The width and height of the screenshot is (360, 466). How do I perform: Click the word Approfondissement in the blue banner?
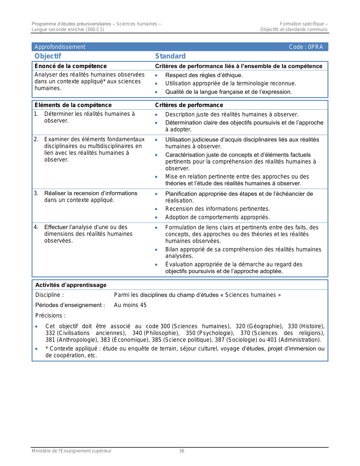[x=60, y=47]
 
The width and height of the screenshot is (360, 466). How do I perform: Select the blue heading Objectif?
[x=48, y=56]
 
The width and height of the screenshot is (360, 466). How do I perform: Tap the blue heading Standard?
[x=170, y=56]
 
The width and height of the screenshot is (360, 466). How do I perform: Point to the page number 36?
[x=182, y=451]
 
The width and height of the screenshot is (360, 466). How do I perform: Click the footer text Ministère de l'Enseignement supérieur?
[x=71, y=451]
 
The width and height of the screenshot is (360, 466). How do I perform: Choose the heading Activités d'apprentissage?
[x=71, y=285]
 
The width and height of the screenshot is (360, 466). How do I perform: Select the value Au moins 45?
[x=130, y=305]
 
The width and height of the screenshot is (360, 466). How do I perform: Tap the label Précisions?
[x=50, y=315]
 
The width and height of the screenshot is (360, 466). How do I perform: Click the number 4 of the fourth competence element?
[x=36, y=227]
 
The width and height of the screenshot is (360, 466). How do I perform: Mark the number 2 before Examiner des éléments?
[x=36, y=139]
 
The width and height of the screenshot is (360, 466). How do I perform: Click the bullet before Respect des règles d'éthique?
[x=156, y=75]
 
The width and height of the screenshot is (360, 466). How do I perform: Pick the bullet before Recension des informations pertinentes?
[x=156, y=209]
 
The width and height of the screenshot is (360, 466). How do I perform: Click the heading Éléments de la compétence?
[x=73, y=105]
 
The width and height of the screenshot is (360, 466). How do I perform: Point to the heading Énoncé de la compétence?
[x=71, y=66]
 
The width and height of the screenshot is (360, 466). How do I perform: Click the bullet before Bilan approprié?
[x=156, y=250]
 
